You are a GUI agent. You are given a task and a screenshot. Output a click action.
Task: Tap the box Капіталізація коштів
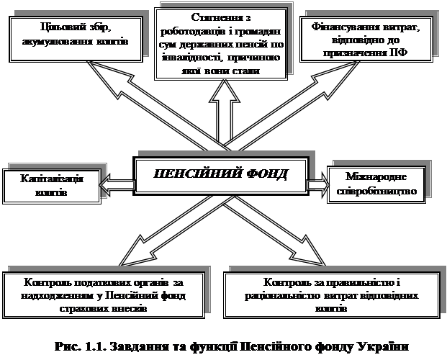click(x=50, y=185)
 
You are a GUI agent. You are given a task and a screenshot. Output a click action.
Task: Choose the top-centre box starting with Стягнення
click(x=221, y=45)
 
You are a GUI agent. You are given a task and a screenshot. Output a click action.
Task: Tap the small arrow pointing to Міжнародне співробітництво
click(x=316, y=185)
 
